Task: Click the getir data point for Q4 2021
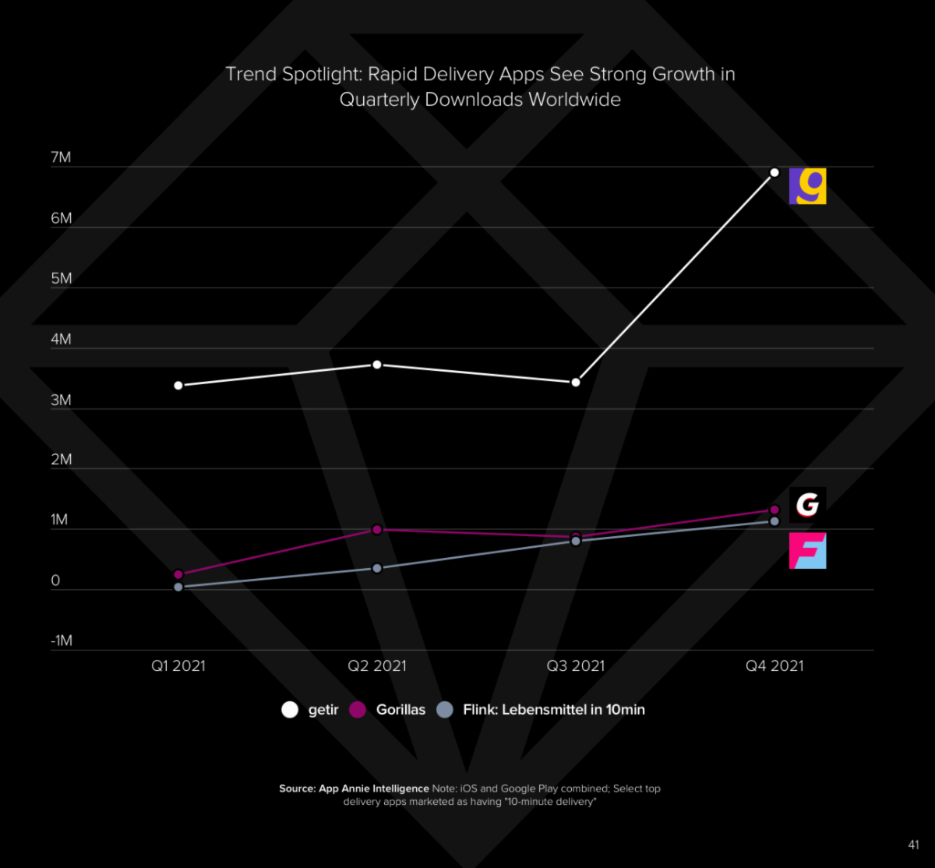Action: coord(774,172)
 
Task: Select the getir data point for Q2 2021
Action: coord(377,365)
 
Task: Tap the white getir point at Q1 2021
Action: coord(178,386)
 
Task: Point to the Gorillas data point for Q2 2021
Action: coord(377,530)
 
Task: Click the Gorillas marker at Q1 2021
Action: coord(178,574)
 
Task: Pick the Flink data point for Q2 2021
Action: coord(377,568)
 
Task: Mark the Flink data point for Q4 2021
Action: coord(774,520)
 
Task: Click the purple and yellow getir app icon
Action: coord(807,186)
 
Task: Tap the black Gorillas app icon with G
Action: coord(807,505)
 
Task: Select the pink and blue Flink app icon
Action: coord(807,550)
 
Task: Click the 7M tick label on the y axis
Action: coord(61,158)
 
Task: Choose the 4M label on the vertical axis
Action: coord(61,340)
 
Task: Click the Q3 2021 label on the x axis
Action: coord(575,666)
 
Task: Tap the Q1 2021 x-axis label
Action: coord(178,666)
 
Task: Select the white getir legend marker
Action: coord(290,710)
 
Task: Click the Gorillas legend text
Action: coord(400,710)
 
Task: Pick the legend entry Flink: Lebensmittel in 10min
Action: coord(553,710)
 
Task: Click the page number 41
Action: coord(914,845)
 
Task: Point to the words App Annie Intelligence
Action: coord(374,789)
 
